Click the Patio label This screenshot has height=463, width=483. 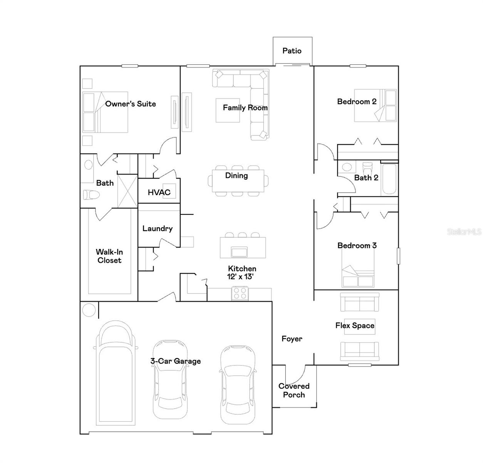(292, 51)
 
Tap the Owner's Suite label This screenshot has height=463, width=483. (130, 104)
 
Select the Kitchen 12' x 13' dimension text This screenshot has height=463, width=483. (240, 277)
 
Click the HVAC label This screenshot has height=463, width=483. (159, 192)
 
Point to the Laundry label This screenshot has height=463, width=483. (157, 228)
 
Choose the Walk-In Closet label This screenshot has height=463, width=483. (109, 256)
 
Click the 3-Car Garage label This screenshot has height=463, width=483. (175, 361)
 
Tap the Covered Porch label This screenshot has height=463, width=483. (294, 390)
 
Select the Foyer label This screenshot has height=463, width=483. (292, 339)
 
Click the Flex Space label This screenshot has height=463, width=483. (355, 326)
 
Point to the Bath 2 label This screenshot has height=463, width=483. (366, 177)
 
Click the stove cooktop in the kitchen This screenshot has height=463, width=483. (240, 294)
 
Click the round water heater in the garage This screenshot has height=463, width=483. (89, 310)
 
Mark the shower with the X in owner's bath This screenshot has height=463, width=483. (127, 191)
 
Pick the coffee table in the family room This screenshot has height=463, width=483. (228, 111)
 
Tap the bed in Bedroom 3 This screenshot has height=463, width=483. (358, 276)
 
